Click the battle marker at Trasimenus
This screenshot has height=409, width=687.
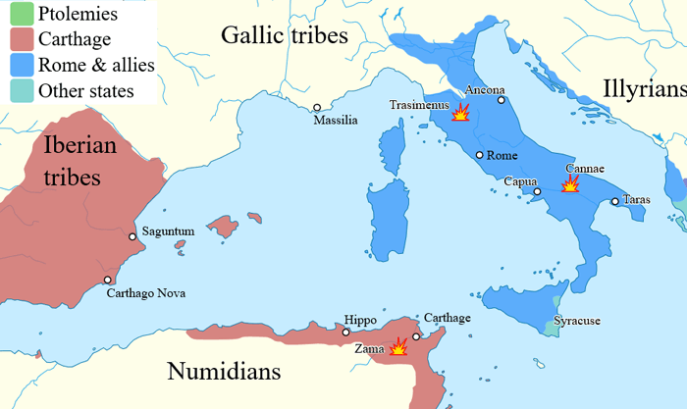point(459,115)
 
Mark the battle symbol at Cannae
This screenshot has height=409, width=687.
point(570,183)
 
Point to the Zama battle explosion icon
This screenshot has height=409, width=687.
point(399,346)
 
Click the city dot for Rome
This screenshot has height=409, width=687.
point(479,155)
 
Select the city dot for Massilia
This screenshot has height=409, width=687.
point(317,108)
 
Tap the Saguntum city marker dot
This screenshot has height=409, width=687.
point(133,236)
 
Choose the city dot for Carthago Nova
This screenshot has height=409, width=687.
point(108,281)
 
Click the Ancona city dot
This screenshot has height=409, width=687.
point(501,99)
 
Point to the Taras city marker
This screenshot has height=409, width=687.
point(615,202)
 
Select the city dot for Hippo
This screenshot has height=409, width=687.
point(345,332)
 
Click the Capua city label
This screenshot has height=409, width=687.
point(519,182)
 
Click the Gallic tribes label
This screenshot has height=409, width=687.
point(285,36)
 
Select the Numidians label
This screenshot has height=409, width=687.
point(224,372)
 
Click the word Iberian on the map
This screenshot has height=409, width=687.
point(80,145)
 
